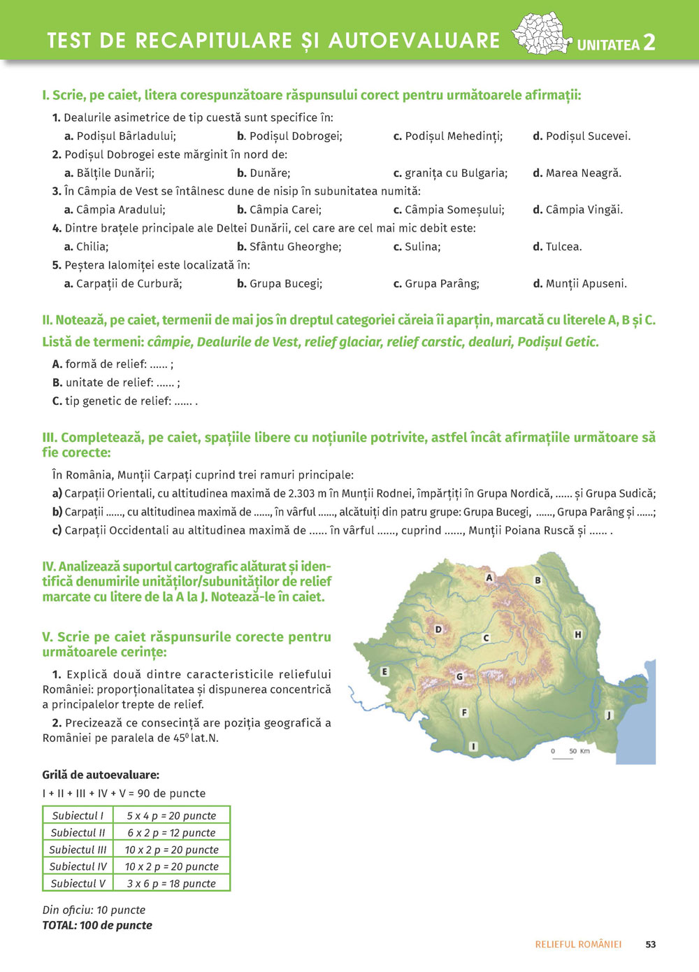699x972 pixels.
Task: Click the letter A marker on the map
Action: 489,578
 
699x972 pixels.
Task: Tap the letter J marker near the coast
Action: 608,715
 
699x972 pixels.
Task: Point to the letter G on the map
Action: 459,676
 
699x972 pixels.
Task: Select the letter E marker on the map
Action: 384,672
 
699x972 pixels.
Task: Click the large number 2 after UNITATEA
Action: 649,43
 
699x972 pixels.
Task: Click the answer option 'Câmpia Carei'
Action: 280,209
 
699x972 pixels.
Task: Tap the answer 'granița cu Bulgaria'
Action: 451,173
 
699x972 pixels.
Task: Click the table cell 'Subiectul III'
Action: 78,850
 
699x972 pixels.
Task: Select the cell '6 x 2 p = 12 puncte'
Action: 171,833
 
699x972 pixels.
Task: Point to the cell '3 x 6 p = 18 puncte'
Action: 171,883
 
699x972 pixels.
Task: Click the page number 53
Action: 651,944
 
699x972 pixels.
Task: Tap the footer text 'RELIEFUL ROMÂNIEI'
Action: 578,944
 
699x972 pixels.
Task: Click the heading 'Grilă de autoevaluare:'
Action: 101,775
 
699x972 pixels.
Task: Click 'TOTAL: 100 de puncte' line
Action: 97,925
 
